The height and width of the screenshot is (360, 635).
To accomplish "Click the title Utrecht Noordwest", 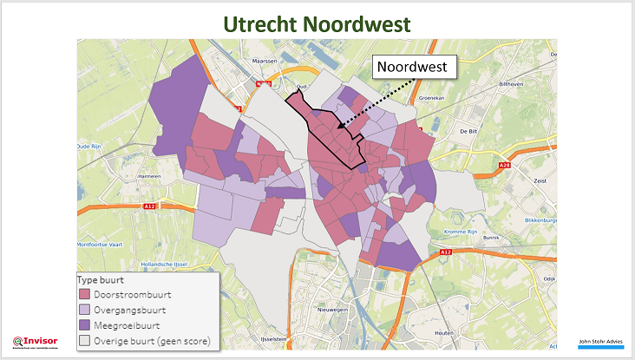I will pyautogui.click(x=317, y=23).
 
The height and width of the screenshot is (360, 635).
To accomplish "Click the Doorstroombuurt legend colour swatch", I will pyautogui.click(x=85, y=296).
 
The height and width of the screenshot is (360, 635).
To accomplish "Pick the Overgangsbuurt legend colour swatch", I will pyautogui.click(x=85, y=310).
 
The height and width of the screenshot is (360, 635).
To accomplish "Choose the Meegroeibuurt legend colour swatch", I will pyautogui.click(x=85, y=324).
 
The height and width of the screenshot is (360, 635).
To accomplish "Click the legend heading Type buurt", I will pyautogui.click(x=101, y=281).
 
